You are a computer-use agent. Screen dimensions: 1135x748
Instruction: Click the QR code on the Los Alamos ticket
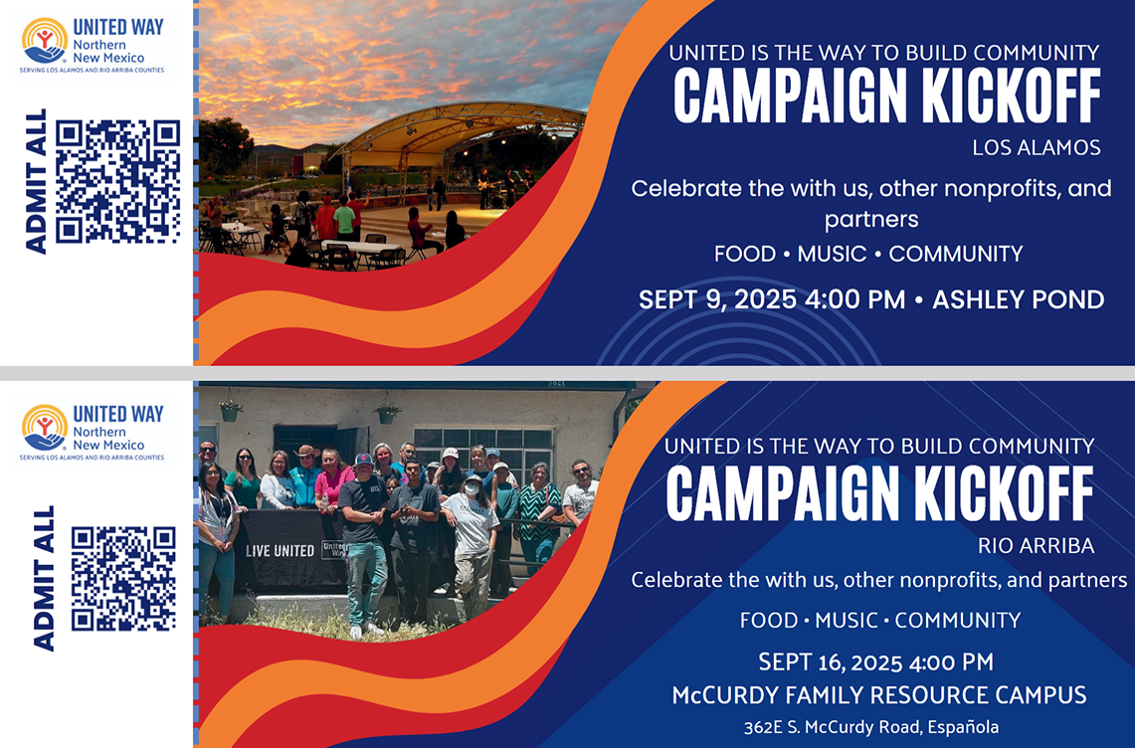tap(117, 181)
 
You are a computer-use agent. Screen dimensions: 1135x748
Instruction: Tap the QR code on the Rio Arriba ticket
tap(123, 578)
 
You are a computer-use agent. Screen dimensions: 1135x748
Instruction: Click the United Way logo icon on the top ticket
tap(45, 41)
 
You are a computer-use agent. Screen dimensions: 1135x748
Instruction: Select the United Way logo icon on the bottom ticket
tap(45, 428)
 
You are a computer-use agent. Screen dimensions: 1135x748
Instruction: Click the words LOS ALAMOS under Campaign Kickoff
tap(1036, 148)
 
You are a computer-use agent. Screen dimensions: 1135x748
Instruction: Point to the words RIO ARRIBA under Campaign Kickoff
tap(1036, 545)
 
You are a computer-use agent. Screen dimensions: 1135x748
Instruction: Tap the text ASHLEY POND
tap(1018, 299)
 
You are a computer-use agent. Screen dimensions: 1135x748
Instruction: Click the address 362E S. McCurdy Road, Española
tap(870, 727)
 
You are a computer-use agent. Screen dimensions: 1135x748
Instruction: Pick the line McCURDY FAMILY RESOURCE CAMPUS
tap(878, 695)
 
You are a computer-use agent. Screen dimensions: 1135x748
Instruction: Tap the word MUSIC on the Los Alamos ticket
tap(832, 254)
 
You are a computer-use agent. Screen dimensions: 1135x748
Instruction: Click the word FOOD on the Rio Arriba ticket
tap(769, 621)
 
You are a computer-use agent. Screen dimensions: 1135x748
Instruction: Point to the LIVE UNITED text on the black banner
tap(280, 551)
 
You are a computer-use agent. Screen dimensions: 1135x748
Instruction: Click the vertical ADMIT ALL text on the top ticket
tap(36, 181)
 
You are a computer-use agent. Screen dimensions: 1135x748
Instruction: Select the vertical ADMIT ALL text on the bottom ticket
tap(44, 578)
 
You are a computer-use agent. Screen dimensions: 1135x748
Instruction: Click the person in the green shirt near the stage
tap(344, 217)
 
